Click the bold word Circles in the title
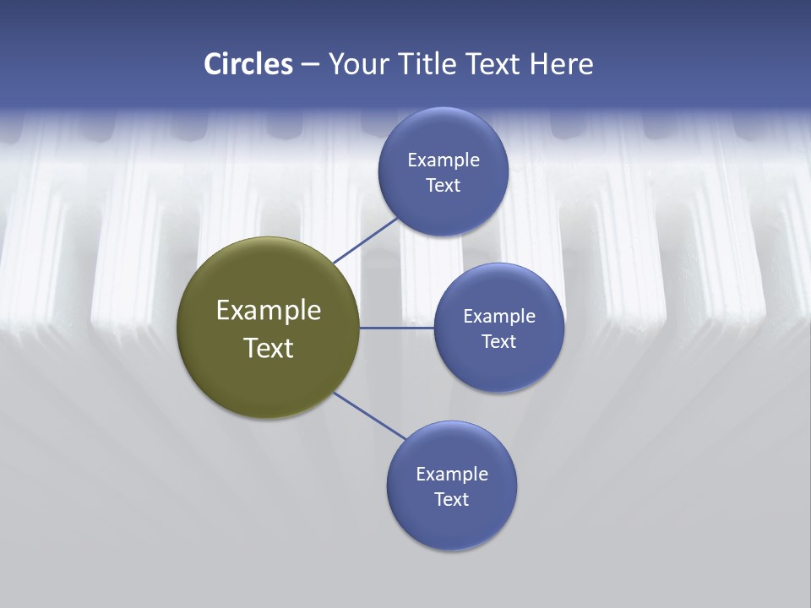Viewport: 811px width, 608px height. [248, 64]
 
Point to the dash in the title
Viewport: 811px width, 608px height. [309, 65]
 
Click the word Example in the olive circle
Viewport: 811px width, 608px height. [269, 311]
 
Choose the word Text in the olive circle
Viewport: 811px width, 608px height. [269, 348]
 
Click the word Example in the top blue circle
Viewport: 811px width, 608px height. [444, 160]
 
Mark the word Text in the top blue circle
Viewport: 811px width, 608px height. [444, 186]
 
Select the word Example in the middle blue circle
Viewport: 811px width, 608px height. [499, 317]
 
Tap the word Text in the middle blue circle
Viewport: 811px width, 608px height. [499, 342]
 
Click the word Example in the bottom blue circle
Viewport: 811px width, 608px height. [452, 475]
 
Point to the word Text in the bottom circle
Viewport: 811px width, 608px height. [452, 500]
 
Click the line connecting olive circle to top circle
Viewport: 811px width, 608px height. [367, 240]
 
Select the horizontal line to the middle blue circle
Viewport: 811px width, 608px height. [397, 328]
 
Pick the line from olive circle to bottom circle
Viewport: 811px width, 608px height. [370, 415]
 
